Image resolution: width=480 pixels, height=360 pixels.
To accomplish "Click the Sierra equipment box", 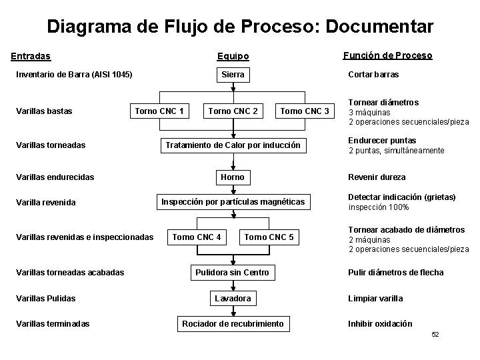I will coord(233,75).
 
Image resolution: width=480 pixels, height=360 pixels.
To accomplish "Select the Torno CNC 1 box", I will coord(159,111).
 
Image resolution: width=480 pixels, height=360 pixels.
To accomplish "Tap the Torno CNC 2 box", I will coord(233,111).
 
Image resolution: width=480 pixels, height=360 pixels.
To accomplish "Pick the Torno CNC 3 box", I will coord(305,111).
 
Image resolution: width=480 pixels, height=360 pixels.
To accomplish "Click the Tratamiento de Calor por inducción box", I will coord(233,145).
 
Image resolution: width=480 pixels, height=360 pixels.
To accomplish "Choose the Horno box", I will coord(233,177).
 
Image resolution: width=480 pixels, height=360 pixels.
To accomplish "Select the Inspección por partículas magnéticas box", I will coord(233,201).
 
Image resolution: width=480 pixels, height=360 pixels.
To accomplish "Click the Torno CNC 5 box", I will coord(269,237).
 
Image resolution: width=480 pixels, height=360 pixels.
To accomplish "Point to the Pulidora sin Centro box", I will coord(233,272).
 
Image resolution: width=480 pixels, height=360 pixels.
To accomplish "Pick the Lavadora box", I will coord(233,298).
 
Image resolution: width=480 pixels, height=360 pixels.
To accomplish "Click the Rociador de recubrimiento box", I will coord(233,324).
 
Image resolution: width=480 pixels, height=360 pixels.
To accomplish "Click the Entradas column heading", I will coord(33,56).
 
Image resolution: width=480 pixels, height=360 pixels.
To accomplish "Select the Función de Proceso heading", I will coord(387,55).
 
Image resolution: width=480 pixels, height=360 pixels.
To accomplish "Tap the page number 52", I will coord(435,334).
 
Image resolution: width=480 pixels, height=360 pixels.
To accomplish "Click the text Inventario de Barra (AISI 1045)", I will coord(74,75).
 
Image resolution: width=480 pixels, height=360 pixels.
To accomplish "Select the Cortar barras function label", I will coord(373,75).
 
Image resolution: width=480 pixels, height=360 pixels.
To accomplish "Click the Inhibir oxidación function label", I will coord(380,324).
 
